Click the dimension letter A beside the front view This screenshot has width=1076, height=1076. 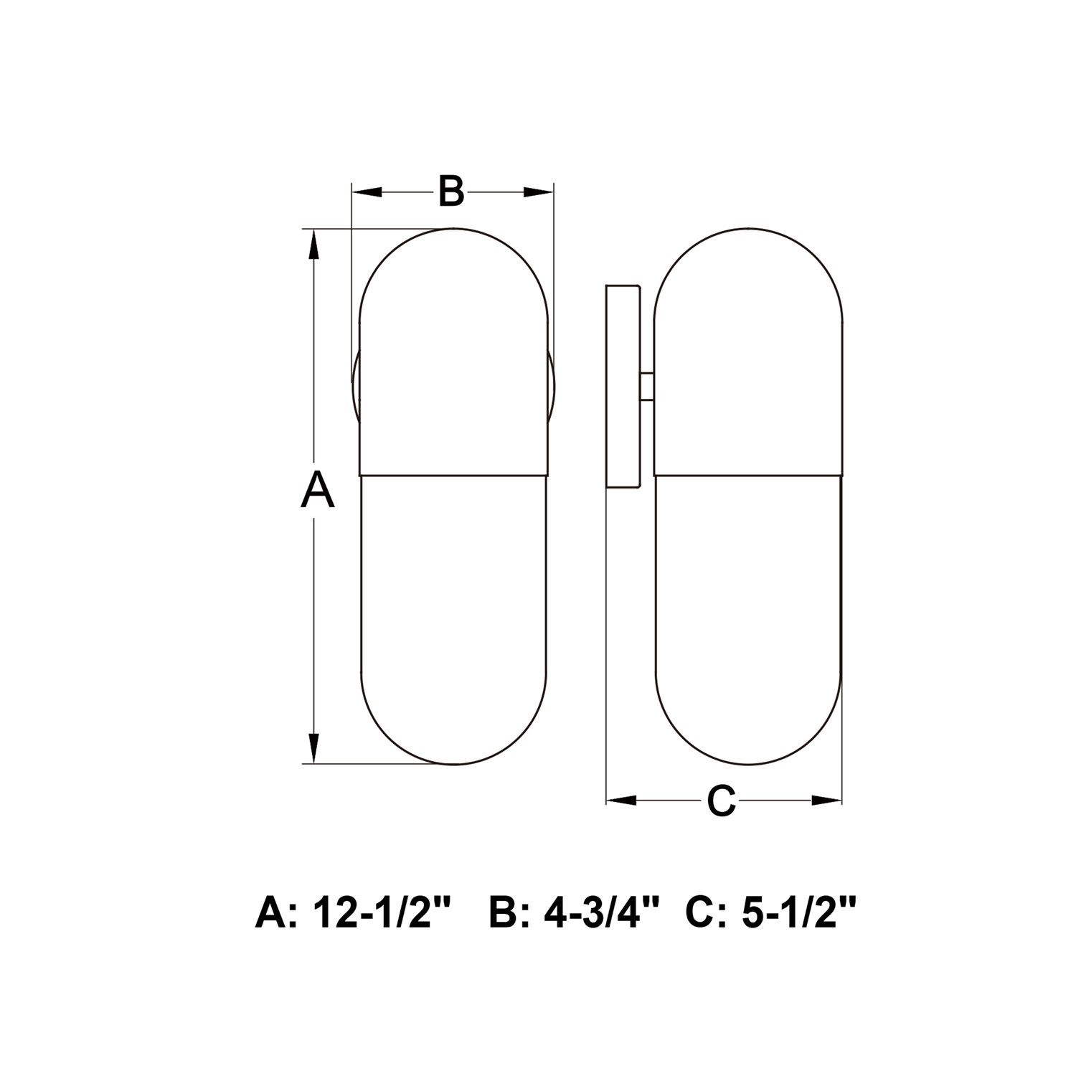point(317,490)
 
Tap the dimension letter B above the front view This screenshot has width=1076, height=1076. point(451,191)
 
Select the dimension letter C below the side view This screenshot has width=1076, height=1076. point(722,801)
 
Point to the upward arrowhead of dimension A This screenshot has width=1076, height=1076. point(313,245)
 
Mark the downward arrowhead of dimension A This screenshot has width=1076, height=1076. point(313,747)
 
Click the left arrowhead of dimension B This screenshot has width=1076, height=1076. point(367,192)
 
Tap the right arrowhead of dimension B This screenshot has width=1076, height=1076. point(539,192)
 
